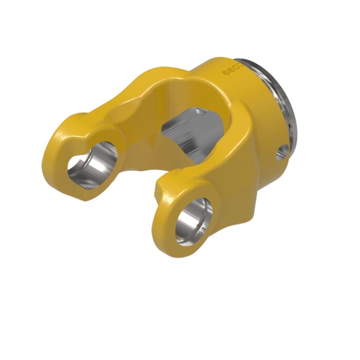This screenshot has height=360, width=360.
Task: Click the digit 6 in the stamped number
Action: [226, 73]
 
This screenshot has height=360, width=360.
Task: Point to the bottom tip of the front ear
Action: [170, 249]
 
